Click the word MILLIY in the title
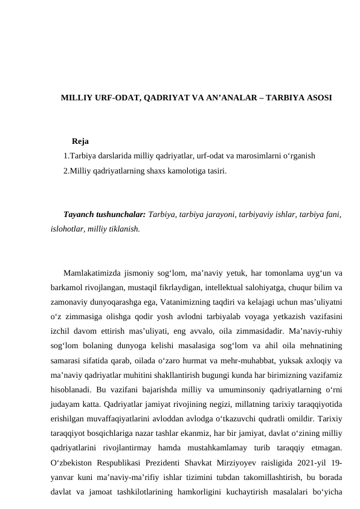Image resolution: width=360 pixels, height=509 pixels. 75,97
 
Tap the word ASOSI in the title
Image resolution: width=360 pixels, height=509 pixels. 318,97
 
